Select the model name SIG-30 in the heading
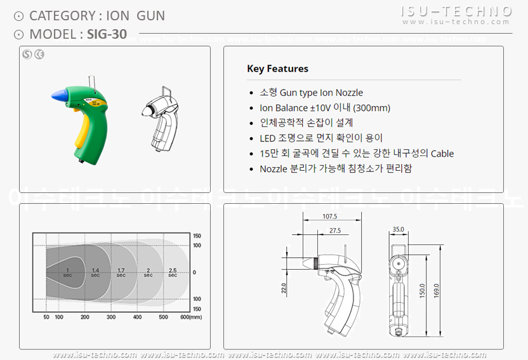tap(105, 34)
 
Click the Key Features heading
tap(277, 69)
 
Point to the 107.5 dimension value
tap(329, 217)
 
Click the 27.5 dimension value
tap(334, 230)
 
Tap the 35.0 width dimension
tap(398, 229)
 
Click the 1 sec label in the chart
tap(67, 272)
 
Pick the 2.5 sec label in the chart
tap(172, 272)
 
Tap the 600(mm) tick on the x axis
tap(190, 317)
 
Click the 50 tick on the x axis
tap(46, 317)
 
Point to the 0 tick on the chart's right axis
tap(195, 272)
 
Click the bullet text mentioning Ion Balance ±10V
tap(325, 108)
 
